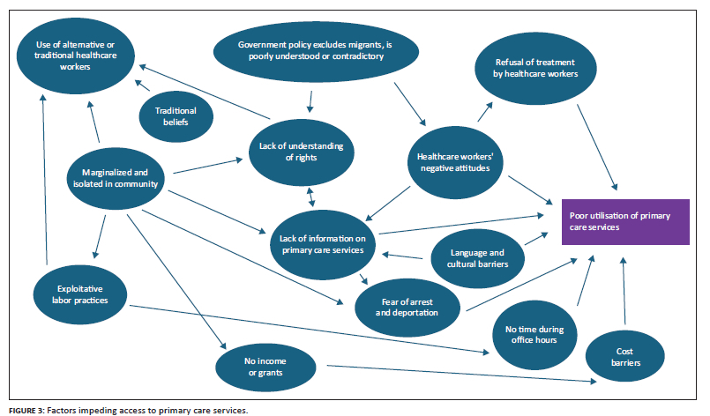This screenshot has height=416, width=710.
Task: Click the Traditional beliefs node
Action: (176, 116)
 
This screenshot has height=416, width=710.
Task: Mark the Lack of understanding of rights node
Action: (300, 151)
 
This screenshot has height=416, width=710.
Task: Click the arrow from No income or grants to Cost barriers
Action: (459, 374)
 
